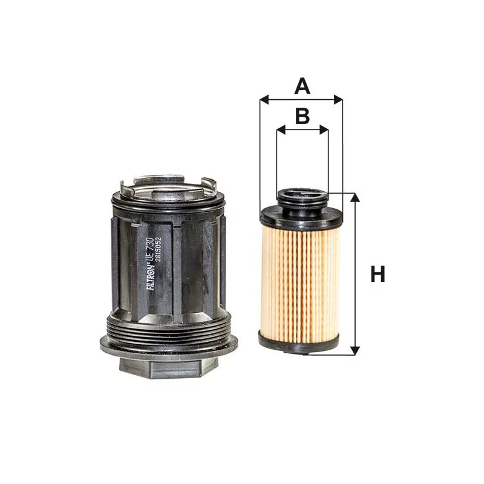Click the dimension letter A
point(302,87)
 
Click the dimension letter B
point(302,116)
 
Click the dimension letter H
point(378,274)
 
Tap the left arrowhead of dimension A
point(264,100)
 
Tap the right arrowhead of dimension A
point(338,100)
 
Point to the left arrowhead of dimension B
point(281,130)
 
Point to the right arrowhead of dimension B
point(324,130)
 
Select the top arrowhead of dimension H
point(356,198)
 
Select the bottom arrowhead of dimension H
point(356,350)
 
